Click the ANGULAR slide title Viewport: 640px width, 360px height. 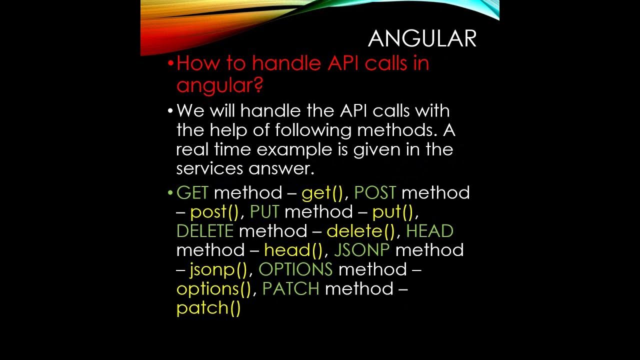(422, 39)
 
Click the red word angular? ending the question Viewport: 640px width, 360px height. (219, 85)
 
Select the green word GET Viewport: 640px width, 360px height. (192, 193)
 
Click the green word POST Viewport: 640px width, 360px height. (375, 193)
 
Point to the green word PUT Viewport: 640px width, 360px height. (264, 212)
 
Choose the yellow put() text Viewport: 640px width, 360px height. (393, 212)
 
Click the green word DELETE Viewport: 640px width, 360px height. (205, 231)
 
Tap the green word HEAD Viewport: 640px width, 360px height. (429, 231)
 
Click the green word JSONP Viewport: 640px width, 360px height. (361, 250)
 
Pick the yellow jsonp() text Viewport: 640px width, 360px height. (218, 270)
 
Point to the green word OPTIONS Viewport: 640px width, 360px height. (295, 269)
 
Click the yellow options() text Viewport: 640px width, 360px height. (213, 289)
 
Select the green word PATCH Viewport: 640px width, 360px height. (290, 288)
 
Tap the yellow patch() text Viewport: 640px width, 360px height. (208, 308)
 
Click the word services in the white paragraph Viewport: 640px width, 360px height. (209, 169)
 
